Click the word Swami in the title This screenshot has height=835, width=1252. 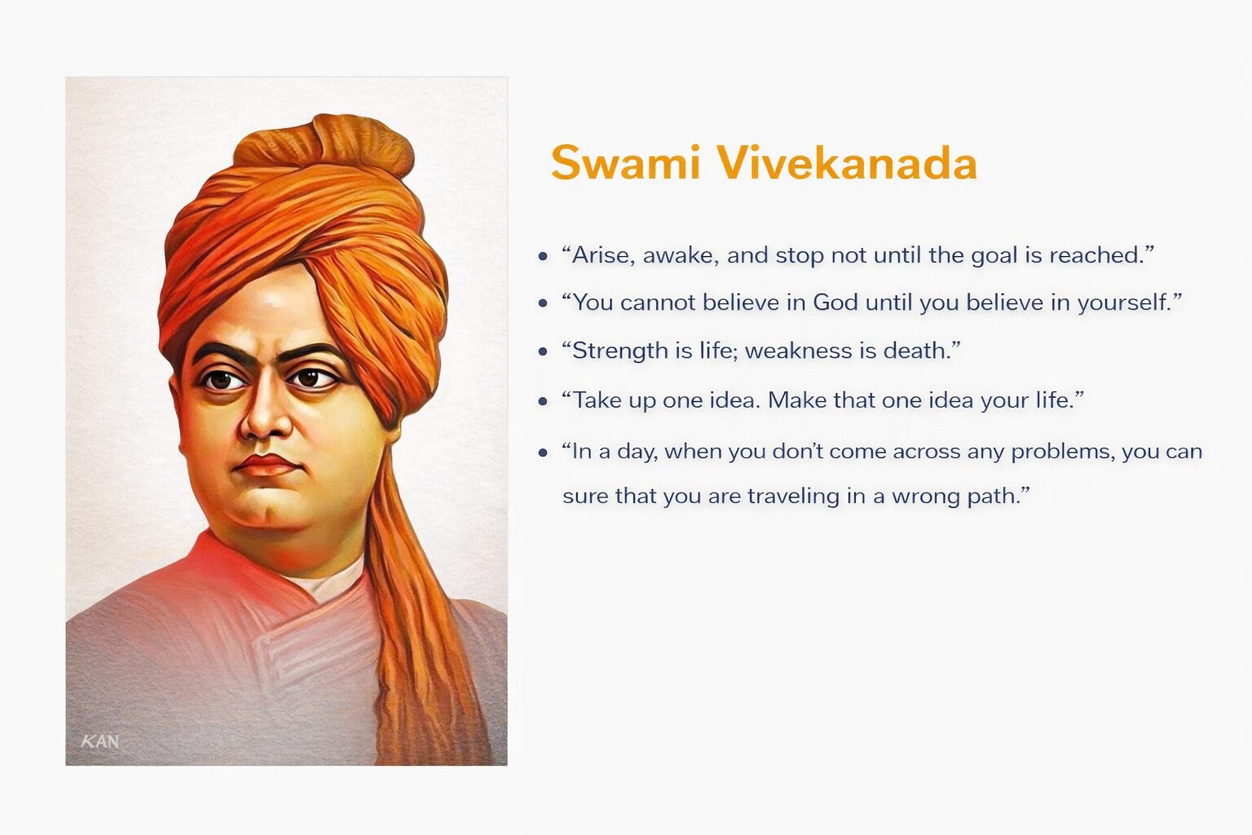(625, 163)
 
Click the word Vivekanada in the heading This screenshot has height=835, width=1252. (848, 163)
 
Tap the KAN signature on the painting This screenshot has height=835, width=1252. (100, 741)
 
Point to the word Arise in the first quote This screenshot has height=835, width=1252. (603, 255)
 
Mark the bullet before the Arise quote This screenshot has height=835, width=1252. (543, 257)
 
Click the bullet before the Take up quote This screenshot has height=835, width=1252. (543, 401)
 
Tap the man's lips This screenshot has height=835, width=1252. (266, 465)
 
